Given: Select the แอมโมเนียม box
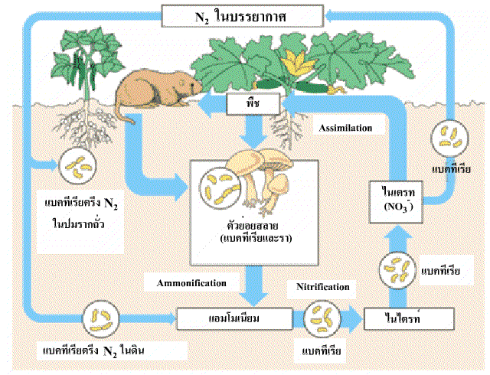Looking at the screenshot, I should pyautogui.click(x=231, y=316).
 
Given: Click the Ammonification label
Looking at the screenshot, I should pyautogui.click(x=193, y=282).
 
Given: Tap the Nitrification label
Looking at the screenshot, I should pyautogui.click(x=322, y=287).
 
